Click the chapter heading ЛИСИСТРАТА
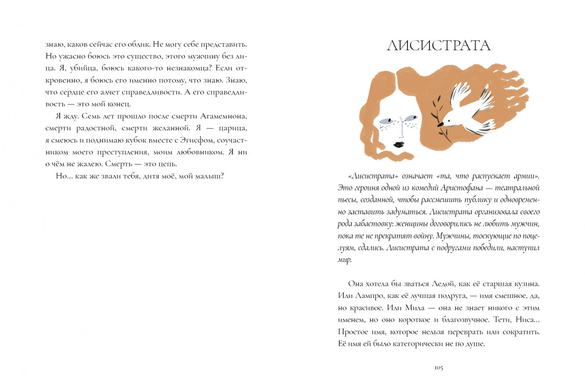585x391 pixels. (x=439, y=46)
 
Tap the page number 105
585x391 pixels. (x=439, y=368)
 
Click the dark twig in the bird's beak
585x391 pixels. (x=439, y=119)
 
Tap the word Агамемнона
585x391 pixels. (x=224, y=116)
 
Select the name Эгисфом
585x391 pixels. (x=195, y=140)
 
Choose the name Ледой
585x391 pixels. (x=441, y=284)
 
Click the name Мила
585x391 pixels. (x=415, y=308)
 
